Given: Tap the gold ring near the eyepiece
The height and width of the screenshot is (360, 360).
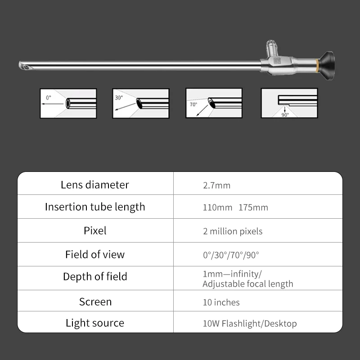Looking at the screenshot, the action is pos(317,65).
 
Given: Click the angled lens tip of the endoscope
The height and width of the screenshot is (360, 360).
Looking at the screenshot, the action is pos(26,66).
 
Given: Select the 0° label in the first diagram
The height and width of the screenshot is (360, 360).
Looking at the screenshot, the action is pos(49,98).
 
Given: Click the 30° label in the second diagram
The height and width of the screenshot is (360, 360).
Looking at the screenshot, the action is pos(119,98).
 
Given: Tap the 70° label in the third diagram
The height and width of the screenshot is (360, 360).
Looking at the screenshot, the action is pos(193,105).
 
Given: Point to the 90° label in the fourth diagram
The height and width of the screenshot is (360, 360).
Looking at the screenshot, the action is pos(285,115).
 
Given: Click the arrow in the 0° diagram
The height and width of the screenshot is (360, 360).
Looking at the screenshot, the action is pos(52,104).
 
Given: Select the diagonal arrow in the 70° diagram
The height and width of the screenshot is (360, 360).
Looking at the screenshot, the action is pos(202,111).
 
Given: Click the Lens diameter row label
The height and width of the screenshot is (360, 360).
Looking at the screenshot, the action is pos(95,185).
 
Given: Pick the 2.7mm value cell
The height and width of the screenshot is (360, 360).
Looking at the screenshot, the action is pos(216,185).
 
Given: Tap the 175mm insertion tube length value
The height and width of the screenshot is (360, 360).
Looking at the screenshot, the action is pos(253,207).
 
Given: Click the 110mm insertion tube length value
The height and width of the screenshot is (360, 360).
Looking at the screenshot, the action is pos(217,207).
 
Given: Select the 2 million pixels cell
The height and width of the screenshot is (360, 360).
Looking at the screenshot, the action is pos(233,231).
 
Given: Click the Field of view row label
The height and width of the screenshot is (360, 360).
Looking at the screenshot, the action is pos(95,254).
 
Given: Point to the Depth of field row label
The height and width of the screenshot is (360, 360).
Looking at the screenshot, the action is pos(95,276).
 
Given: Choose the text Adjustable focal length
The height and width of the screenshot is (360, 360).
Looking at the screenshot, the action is pos(248,284).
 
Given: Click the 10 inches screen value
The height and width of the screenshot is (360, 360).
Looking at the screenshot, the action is pos(221,302).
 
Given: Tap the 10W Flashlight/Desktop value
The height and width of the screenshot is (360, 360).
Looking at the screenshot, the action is pos(250,324).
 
